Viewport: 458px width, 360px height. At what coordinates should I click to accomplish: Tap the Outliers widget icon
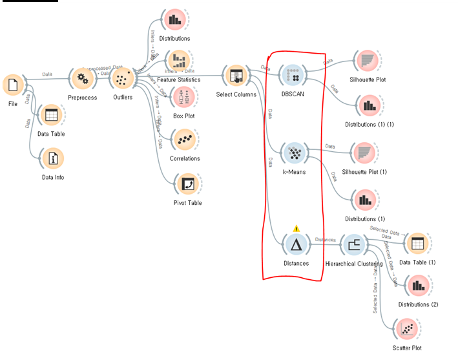coord(121,79)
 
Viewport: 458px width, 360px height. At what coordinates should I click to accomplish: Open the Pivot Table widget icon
coord(187,184)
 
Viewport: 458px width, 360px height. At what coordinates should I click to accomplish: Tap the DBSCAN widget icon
coord(295,76)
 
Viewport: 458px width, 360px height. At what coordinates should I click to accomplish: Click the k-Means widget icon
coord(294,154)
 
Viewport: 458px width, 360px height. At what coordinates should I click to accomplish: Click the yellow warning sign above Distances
coord(296,228)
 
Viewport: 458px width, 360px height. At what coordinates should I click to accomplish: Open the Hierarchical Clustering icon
coord(353,244)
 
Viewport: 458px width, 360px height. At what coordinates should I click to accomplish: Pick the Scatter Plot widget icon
coord(407,330)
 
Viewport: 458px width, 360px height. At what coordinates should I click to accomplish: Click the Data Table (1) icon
coord(417,244)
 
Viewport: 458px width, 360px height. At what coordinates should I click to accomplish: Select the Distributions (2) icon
coord(418,285)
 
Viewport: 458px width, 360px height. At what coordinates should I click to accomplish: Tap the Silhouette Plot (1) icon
coord(365,153)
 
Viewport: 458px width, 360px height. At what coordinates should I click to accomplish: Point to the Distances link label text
coord(324,240)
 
